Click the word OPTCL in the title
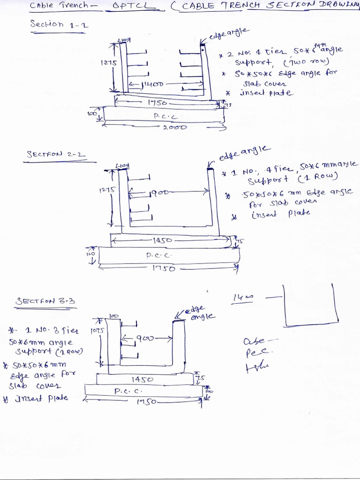(x=127, y=6)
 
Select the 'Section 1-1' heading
(x=53, y=24)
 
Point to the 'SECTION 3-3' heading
(x=45, y=301)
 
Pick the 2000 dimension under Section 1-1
(x=174, y=127)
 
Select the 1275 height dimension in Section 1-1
(x=105, y=62)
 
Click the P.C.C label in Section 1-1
(x=164, y=115)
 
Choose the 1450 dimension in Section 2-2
(x=162, y=240)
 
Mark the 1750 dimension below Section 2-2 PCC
(x=164, y=269)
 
